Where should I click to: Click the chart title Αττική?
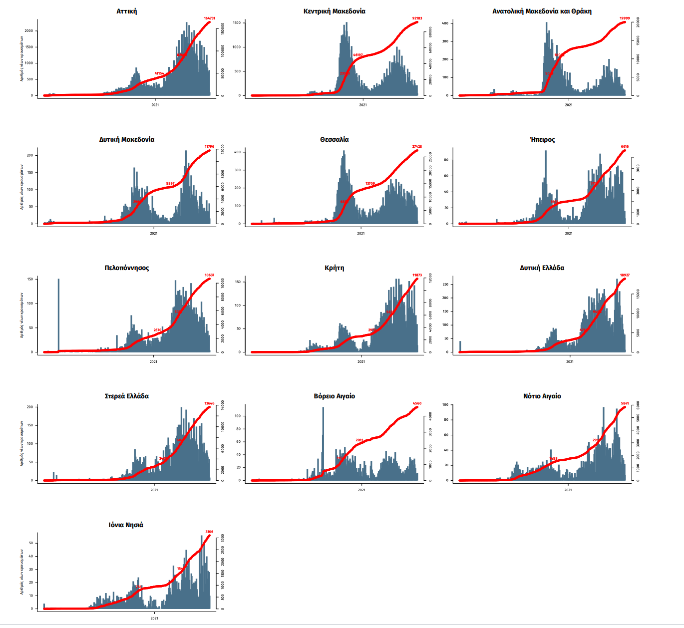126,11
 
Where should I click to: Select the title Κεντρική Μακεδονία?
334,11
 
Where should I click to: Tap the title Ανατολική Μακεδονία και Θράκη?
542,11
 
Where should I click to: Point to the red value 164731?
209,18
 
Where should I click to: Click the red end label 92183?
417,18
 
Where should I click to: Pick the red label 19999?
625,18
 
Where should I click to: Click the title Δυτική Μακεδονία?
126,139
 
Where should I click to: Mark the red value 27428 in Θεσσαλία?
417,147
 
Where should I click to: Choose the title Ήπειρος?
542,139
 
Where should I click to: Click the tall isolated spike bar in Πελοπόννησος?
58,314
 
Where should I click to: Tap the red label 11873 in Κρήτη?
417,275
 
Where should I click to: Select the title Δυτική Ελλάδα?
542,268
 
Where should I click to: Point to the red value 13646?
209,403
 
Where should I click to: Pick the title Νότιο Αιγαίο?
542,396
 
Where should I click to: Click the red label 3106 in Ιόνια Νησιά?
209,532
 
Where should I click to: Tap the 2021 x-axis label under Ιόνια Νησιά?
154,618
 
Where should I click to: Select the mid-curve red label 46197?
357,55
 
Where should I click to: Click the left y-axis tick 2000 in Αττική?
29,31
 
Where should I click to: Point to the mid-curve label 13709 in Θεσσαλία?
370,184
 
